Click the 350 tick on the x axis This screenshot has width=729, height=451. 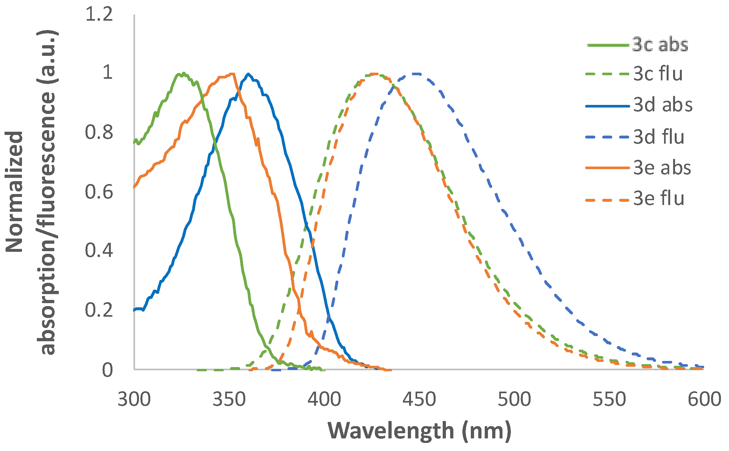(229, 399)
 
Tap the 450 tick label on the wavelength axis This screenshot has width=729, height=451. (419, 399)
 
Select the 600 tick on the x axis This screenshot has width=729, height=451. (704, 399)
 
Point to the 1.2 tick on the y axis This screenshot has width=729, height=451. (99, 15)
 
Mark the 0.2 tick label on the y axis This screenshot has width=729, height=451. (99, 310)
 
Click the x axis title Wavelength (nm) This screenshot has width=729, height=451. (419, 431)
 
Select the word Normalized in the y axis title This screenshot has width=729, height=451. (15, 192)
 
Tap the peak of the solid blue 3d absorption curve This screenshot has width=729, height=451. (248, 74)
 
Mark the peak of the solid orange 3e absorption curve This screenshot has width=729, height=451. (233, 74)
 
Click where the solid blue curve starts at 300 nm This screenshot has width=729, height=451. (134, 310)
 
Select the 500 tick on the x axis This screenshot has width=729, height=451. (514, 399)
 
